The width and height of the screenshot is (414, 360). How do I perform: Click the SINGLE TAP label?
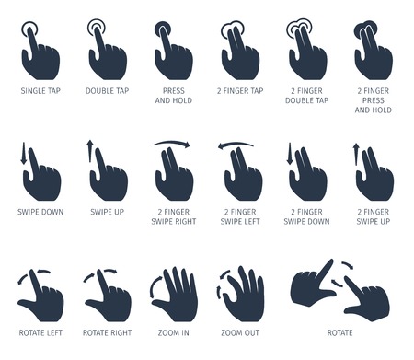tap(40, 92)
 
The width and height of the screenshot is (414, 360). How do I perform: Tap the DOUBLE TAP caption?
tap(107, 92)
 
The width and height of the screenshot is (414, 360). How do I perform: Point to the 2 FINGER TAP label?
tap(240, 92)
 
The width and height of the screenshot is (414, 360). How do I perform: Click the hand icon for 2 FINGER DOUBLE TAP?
tap(306, 53)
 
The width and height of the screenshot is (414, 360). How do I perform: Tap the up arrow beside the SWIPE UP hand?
tap(90, 152)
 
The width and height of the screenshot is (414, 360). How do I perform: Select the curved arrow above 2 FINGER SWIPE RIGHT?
tap(173, 144)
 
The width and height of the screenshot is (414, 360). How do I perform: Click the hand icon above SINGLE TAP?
tap(40, 53)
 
